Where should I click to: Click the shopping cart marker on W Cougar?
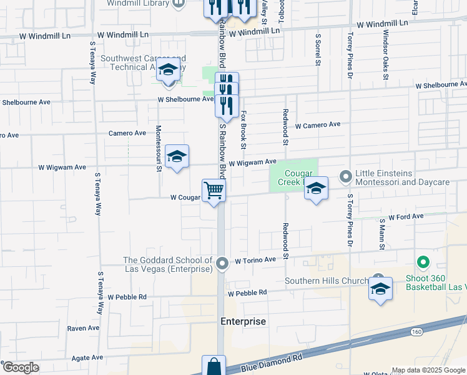tap(214, 191)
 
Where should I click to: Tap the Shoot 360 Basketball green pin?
tap(423, 263)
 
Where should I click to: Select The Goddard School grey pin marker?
tap(224, 264)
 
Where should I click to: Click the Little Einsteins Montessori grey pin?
tap(345, 177)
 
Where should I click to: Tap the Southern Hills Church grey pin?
tap(377, 279)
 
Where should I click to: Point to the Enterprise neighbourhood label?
tap(243, 321)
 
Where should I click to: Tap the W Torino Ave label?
tap(255, 259)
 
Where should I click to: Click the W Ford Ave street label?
tap(406, 216)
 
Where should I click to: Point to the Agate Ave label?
tap(87, 357)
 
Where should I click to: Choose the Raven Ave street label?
tap(83, 327)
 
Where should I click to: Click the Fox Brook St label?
tap(244, 130)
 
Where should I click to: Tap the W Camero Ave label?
tap(318, 125)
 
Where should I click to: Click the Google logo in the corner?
tap(20, 367)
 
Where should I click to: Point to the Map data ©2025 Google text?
tap(428, 370)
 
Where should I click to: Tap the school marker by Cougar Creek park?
tap(316, 190)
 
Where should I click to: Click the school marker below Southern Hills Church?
tap(380, 290)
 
